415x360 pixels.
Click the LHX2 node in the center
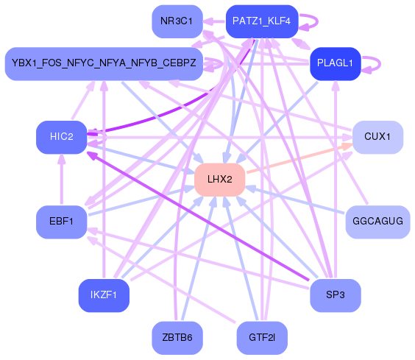[x=219, y=180]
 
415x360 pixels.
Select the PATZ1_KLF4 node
[x=261, y=21]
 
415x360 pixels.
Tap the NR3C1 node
[x=177, y=21]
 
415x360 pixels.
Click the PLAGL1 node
[x=335, y=63]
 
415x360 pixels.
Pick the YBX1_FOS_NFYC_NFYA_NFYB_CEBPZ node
[x=104, y=64]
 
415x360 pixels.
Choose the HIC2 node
[x=62, y=137]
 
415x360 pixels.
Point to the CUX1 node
[x=377, y=137]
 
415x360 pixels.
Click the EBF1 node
[x=62, y=222]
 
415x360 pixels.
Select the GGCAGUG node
[x=377, y=222]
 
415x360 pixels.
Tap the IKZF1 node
[x=104, y=296]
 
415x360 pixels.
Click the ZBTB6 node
[x=177, y=338]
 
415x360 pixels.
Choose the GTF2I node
[x=261, y=338]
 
